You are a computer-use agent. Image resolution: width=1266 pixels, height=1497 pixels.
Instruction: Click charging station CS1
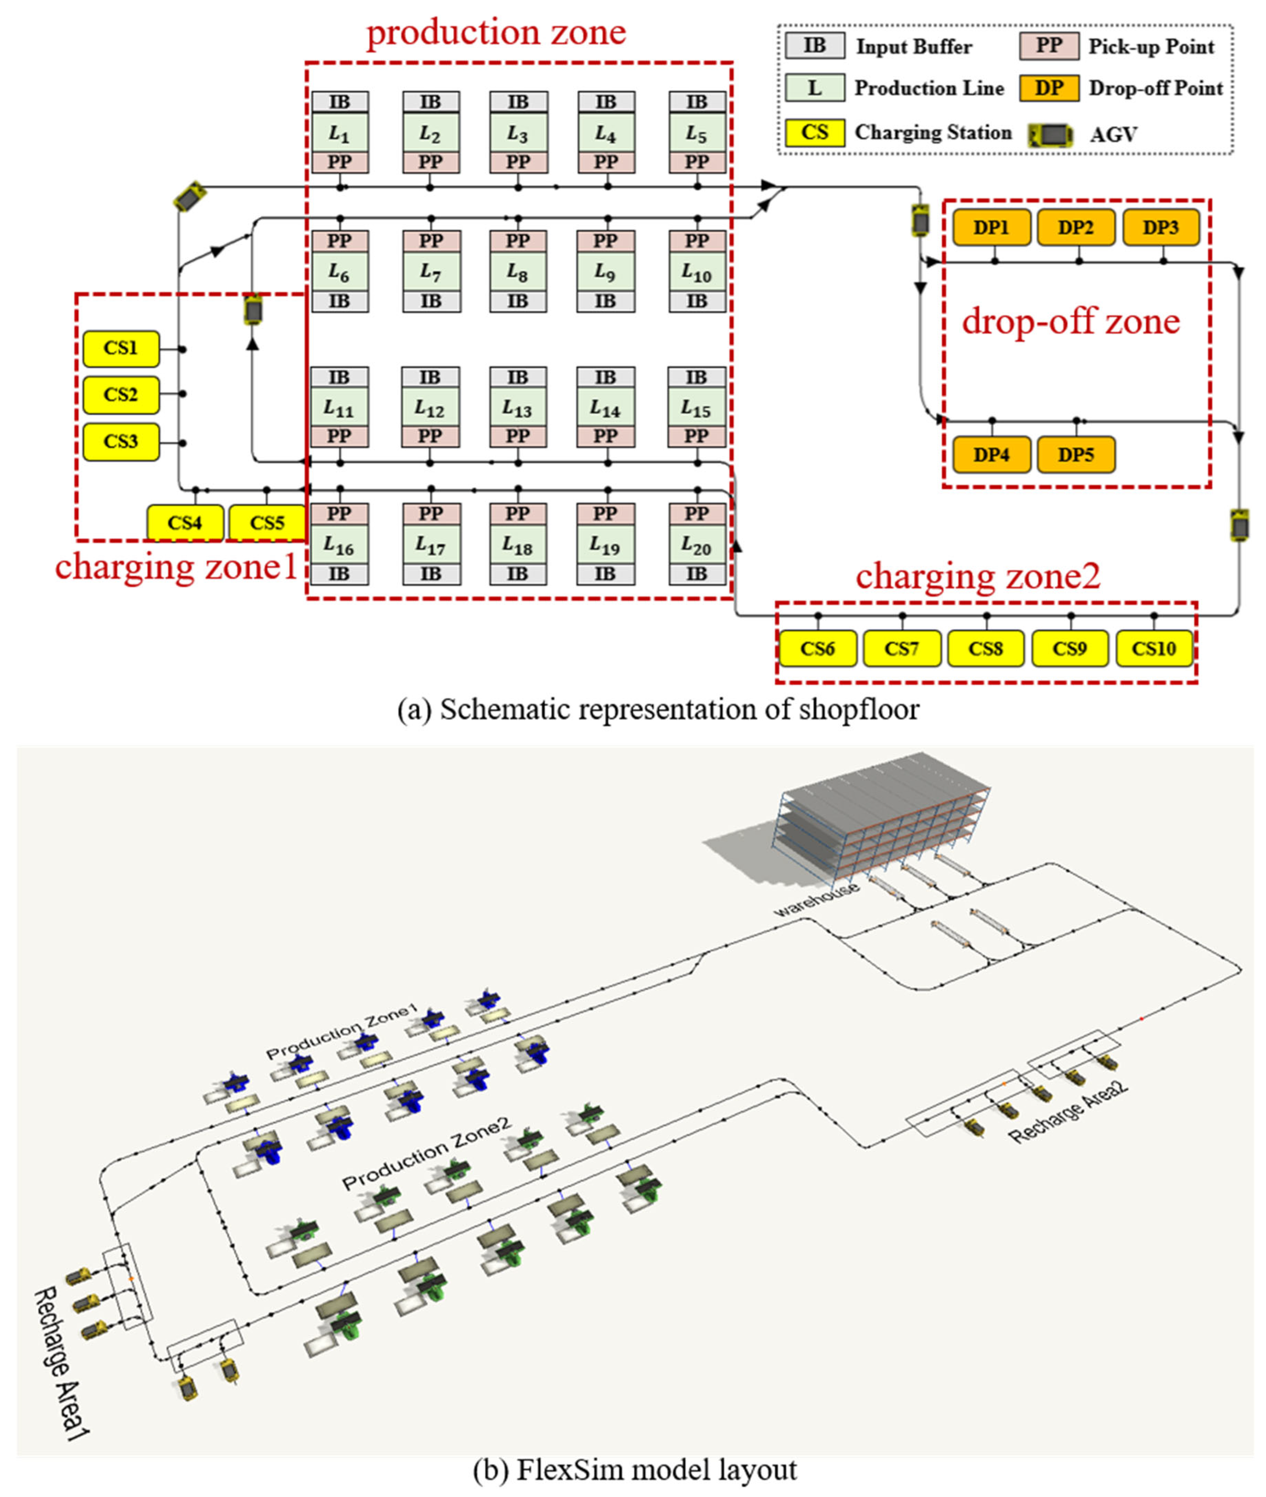pyautogui.click(x=121, y=348)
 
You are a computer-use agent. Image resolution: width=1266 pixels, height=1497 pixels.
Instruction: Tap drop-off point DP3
pyautogui.click(x=1160, y=228)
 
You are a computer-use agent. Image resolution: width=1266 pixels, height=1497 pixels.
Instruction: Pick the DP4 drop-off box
pyautogui.click(x=991, y=454)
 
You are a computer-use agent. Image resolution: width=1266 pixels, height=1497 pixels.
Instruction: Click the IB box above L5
pyautogui.click(x=696, y=102)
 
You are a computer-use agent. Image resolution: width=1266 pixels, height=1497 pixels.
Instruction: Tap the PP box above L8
pyautogui.click(x=517, y=240)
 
